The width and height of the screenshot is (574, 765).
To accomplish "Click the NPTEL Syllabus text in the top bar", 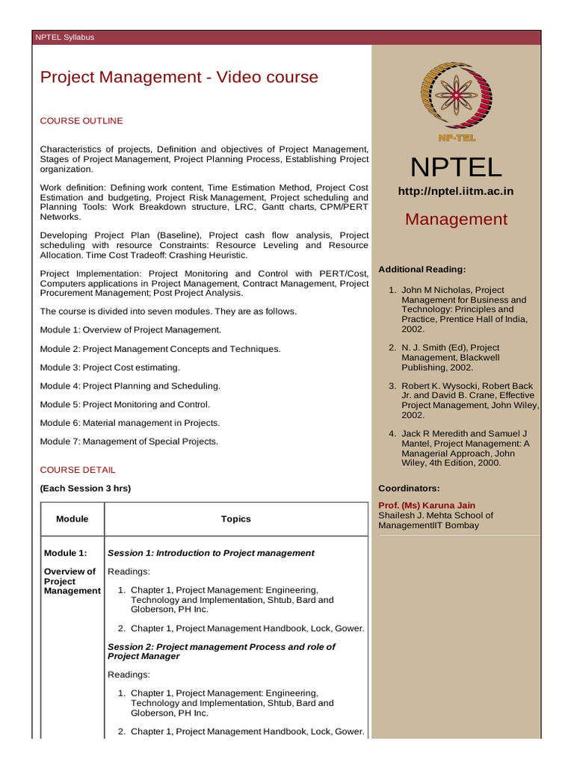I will point(65,37).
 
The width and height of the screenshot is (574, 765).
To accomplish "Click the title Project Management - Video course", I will point(179,77).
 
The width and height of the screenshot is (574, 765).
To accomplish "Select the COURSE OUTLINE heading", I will point(81,121).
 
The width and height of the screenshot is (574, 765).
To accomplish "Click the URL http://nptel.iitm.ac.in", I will point(456,191).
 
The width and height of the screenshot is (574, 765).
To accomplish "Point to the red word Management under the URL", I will point(456,219).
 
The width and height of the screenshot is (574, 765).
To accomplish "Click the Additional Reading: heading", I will point(422,269).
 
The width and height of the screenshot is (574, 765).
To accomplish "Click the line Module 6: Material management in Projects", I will point(130,423).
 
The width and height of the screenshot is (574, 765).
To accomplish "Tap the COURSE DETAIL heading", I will point(78,470).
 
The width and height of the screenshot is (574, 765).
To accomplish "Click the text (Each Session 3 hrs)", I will point(85,489).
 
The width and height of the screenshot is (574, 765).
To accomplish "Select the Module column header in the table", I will point(72,518).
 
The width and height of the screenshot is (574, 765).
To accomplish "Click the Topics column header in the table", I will point(235,518).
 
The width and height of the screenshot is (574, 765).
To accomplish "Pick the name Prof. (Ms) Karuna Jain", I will point(427,505).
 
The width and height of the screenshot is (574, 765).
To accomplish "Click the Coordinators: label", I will point(410,488).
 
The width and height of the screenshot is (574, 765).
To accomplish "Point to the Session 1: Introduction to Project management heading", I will point(212,553).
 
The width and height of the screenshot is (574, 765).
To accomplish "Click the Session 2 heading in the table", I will point(221,651).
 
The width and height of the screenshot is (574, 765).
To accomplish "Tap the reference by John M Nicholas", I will point(463,309).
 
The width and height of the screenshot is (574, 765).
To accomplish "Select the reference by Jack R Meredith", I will point(463,447).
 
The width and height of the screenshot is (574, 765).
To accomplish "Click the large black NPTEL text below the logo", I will point(456,167).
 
